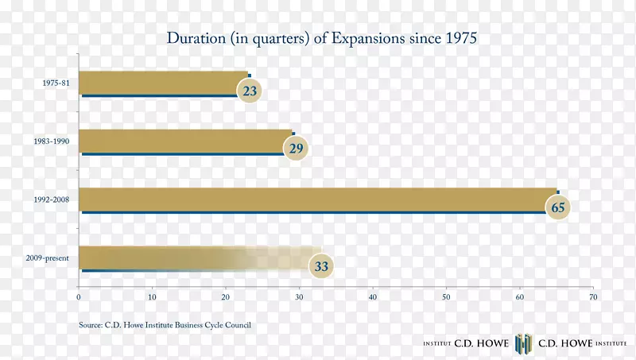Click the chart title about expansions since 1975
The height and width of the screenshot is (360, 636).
(320, 38)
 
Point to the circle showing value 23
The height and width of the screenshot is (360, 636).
(250, 91)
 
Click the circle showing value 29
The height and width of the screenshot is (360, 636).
(295, 149)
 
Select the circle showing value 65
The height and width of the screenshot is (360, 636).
(558, 208)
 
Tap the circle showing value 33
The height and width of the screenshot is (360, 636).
(321, 267)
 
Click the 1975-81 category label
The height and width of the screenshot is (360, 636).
(55, 83)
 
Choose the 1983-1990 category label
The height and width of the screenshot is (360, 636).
(52, 141)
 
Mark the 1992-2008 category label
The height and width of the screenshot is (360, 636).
(52, 199)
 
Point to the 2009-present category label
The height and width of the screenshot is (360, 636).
(48, 258)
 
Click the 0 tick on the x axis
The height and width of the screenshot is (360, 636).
(79, 297)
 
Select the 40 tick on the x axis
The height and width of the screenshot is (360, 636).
(372, 297)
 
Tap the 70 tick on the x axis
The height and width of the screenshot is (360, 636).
(592, 297)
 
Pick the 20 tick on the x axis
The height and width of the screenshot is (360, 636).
(225, 297)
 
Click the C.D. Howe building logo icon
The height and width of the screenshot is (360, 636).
(522, 343)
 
